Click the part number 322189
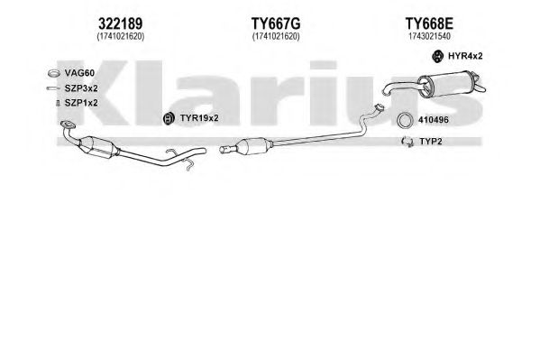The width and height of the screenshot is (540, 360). point(120,23)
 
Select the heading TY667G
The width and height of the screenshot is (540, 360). point(276,23)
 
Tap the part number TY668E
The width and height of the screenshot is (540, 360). point(429,23)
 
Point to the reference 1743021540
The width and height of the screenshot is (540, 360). point(429,37)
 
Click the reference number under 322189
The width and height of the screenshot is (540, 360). point(121,37)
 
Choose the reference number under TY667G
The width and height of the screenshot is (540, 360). point(276,37)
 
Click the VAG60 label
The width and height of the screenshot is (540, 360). point(79,73)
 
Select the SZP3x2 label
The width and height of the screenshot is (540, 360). point(81,88)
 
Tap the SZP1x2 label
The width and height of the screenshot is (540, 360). point(81,103)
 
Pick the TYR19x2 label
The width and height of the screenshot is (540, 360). point(199,118)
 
